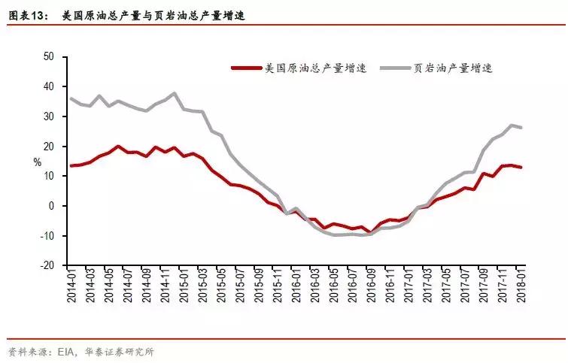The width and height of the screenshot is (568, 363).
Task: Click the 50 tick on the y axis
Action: click(x=50, y=56)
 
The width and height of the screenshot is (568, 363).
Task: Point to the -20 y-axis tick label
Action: click(x=47, y=265)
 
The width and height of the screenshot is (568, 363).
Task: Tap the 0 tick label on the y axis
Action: click(x=52, y=206)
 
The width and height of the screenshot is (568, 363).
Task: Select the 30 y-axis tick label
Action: click(x=50, y=116)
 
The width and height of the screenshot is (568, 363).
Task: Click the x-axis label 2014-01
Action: click(x=72, y=285)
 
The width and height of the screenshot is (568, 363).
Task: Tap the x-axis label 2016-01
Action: click(x=296, y=285)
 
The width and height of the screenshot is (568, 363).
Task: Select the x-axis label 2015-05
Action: click(x=222, y=285)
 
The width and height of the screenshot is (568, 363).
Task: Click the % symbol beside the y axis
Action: click(x=37, y=162)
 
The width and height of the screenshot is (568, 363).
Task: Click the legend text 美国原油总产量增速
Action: click(x=316, y=68)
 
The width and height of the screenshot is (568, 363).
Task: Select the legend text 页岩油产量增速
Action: click(x=454, y=68)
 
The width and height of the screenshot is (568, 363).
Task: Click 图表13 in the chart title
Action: click(x=26, y=14)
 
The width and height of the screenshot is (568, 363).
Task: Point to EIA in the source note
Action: click(x=59, y=351)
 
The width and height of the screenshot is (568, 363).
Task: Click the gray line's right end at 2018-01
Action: click(x=521, y=128)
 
